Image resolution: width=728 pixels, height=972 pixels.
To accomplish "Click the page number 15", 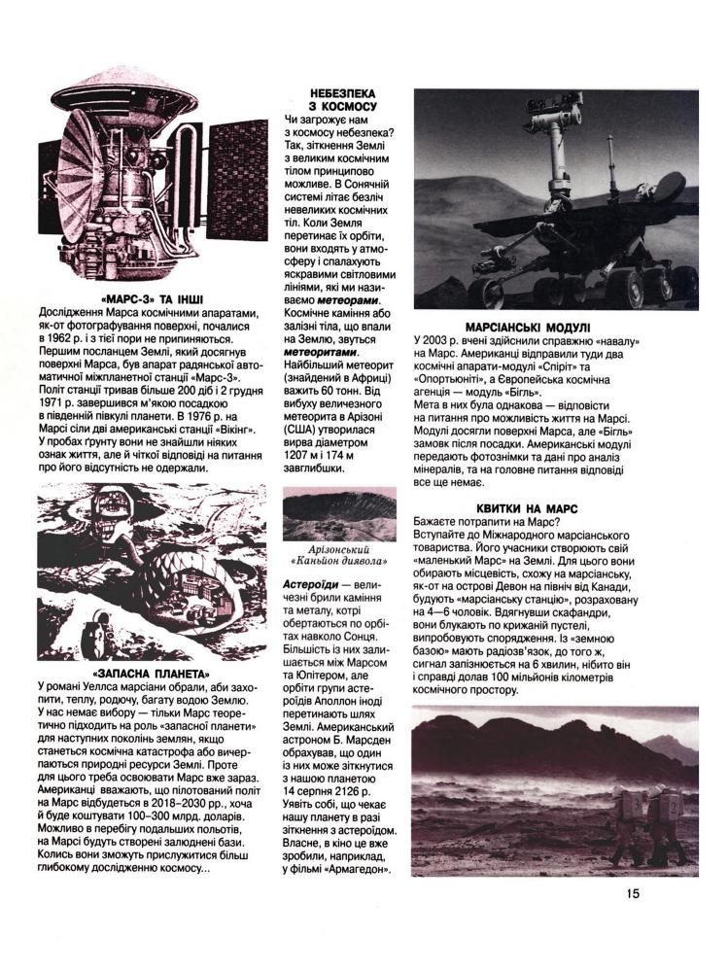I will [x=633, y=894].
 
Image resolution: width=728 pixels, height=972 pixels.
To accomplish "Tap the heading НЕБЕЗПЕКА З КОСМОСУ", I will [x=335, y=98].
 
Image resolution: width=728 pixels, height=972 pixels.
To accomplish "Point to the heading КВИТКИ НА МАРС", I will [x=527, y=508].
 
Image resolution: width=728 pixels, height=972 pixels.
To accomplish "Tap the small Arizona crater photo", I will [x=339, y=514].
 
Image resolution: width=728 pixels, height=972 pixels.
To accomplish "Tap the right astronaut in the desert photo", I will [x=668, y=822].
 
